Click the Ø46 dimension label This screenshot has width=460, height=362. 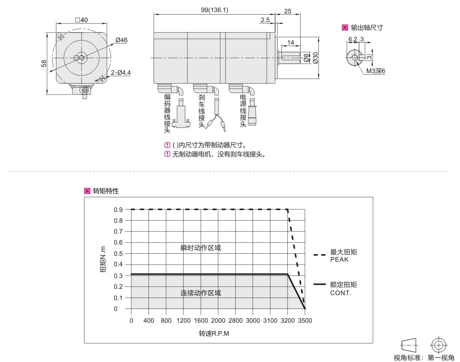[121, 40]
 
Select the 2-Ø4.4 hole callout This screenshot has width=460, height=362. [121, 72]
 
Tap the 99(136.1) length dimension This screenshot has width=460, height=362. [215, 10]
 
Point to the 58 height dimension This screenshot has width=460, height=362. [44, 64]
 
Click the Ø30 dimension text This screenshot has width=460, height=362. [315, 58]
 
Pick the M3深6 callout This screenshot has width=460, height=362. [376, 71]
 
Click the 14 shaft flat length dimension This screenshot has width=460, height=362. [291, 43]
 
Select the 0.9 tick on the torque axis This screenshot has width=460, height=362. [118, 210]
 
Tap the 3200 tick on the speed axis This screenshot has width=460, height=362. [288, 321]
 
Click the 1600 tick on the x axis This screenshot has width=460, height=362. [201, 321]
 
